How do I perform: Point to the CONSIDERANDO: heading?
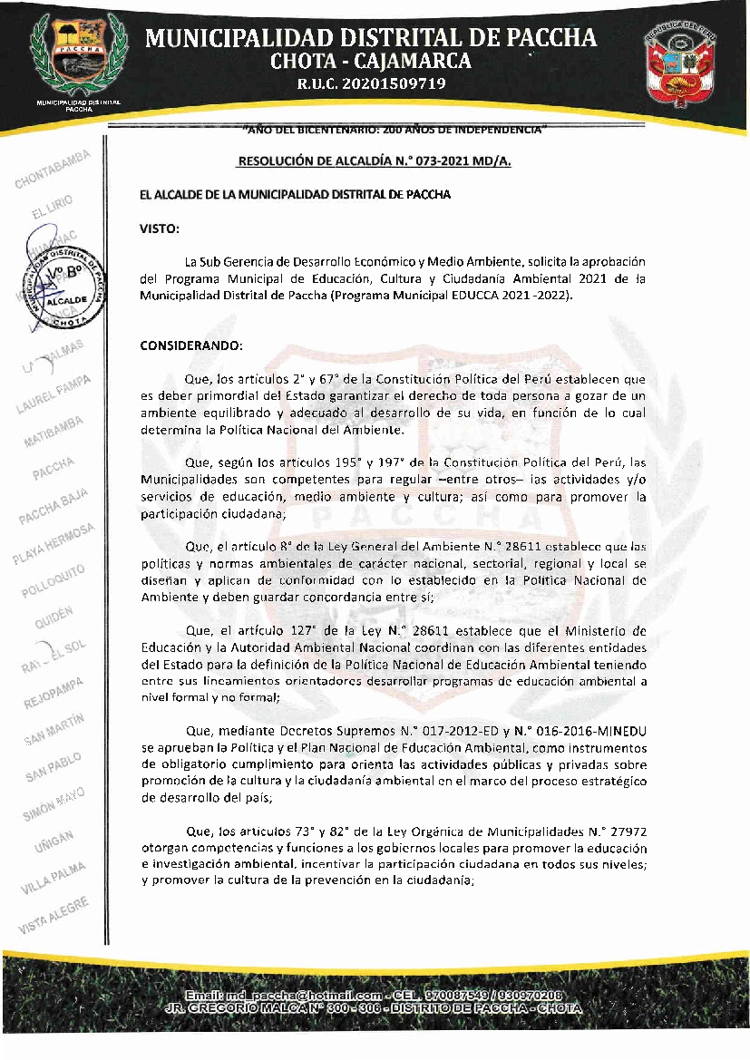pos(191,345)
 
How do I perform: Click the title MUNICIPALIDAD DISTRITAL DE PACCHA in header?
pos(371,37)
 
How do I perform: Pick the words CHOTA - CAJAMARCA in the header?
pos(371,61)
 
